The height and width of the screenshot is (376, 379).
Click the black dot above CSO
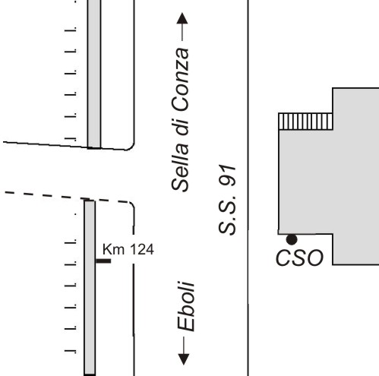pos(292,239)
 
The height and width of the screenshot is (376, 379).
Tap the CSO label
pos(299,258)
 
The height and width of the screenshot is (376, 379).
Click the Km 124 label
pos(128,249)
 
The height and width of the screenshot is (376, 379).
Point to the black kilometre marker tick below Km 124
pos(103,261)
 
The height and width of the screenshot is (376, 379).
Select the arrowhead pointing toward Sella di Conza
pos(182,18)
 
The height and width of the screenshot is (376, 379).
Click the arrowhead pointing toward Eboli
pos(184,359)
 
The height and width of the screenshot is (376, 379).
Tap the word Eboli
pos(186,306)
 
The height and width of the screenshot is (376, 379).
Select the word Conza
pos(180,79)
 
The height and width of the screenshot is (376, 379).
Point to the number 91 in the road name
pos(227,175)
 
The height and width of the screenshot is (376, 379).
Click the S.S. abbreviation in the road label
pos(227,213)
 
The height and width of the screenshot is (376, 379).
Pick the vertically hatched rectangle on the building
pos(305,122)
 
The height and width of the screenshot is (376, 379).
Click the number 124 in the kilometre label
pos(141,249)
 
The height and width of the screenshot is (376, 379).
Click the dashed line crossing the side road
pos(68,197)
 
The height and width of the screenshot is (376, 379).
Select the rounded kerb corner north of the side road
pos(131,147)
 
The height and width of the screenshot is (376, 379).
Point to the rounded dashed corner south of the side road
pos(131,204)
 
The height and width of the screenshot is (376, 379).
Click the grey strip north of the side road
pos(94,74)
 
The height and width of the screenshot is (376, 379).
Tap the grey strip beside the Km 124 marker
pos(90,287)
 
